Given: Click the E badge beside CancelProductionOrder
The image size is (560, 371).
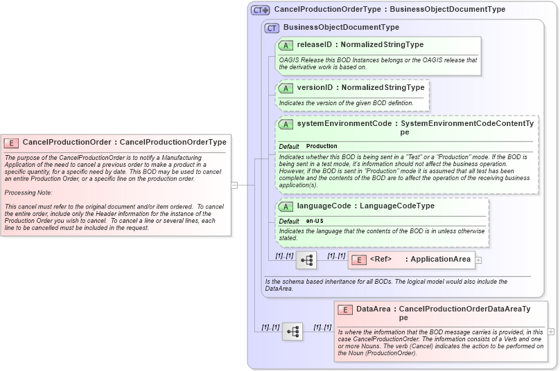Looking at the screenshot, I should [x=11, y=143].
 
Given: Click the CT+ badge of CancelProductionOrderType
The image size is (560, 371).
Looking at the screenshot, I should [x=260, y=10].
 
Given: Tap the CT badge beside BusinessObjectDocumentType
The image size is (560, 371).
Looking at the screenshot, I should [x=272, y=28].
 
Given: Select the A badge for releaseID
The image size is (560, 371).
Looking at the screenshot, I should [x=286, y=45].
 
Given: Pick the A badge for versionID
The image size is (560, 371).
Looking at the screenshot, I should [x=286, y=88].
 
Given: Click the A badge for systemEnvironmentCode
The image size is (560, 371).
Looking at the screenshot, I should [x=286, y=124].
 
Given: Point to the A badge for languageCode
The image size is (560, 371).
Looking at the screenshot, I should [x=286, y=206].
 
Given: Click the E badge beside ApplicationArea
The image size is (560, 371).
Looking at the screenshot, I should [x=358, y=260].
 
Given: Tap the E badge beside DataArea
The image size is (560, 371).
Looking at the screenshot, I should [x=344, y=309].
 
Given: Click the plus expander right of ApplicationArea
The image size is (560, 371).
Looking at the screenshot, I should [x=478, y=260].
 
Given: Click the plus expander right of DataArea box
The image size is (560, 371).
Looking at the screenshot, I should [x=551, y=332].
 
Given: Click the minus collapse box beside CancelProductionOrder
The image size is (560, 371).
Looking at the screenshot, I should [x=234, y=185].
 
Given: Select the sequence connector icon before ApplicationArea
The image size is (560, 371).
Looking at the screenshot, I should [x=306, y=260].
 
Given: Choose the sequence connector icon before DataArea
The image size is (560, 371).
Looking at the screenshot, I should [x=292, y=332].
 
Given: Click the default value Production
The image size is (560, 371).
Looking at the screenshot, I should [x=322, y=147].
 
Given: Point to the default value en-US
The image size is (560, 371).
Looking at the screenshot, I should [x=315, y=221].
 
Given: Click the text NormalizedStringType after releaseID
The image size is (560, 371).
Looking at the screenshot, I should [x=382, y=45].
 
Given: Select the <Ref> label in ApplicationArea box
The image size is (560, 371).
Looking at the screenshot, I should [x=380, y=260].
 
